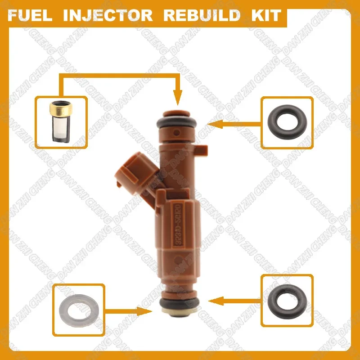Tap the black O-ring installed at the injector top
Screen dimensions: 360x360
(177, 121)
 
